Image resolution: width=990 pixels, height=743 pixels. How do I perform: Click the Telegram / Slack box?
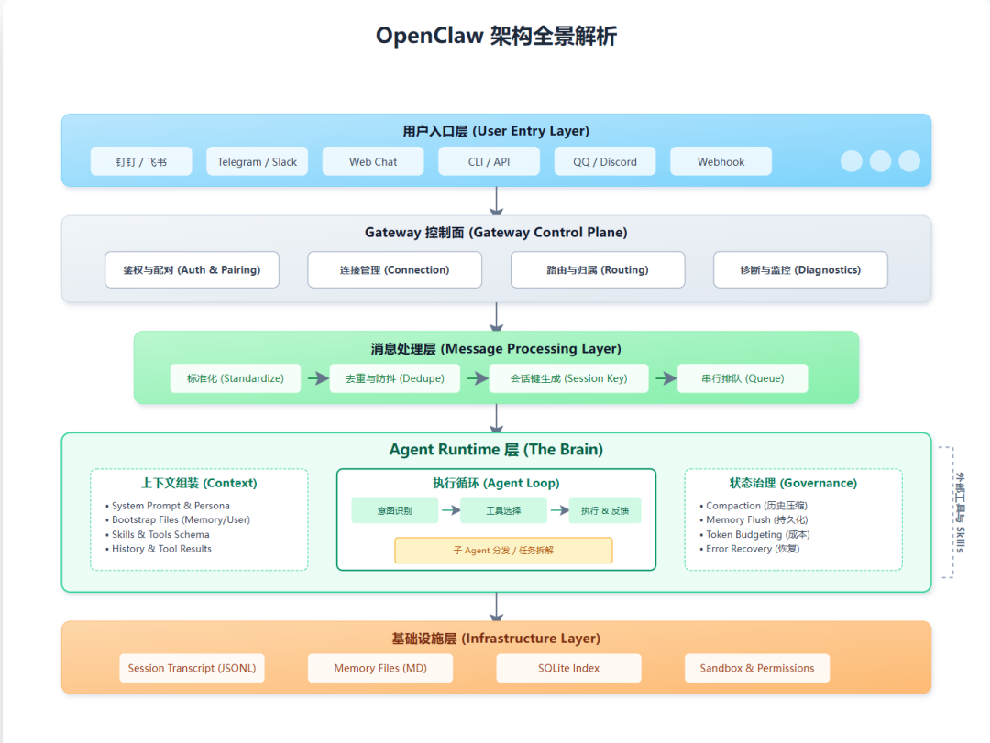tap(258, 161)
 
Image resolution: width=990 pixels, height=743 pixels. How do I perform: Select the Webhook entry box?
tap(720, 161)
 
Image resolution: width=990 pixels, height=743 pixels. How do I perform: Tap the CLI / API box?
tap(489, 161)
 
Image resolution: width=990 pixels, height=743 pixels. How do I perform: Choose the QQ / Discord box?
tap(605, 161)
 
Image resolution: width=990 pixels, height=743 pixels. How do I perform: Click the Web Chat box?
tap(373, 161)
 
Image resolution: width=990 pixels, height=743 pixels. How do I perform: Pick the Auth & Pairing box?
tap(192, 270)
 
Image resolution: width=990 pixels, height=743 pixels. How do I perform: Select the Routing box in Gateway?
tap(598, 270)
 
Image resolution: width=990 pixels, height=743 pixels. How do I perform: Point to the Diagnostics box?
tap(800, 270)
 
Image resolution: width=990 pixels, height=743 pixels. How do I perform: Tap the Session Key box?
tap(568, 378)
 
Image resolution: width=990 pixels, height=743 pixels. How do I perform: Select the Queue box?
tap(742, 378)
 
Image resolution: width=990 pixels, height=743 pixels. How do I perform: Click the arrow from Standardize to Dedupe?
tap(316, 378)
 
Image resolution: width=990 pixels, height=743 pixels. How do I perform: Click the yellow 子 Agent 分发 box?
tap(503, 551)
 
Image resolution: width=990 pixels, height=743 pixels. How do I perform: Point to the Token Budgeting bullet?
tap(757, 534)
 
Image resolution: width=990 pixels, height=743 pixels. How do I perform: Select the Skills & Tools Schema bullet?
tap(160, 534)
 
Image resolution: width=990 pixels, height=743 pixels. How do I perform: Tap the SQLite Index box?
tap(568, 668)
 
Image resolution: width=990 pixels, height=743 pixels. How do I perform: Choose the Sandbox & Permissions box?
tap(757, 668)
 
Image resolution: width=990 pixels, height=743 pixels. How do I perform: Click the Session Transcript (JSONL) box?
tap(192, 668)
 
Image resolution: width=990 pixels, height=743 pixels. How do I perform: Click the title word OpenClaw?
tap(424, 37)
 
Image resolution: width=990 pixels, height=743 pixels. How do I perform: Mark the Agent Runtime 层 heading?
tap(496, 450)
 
